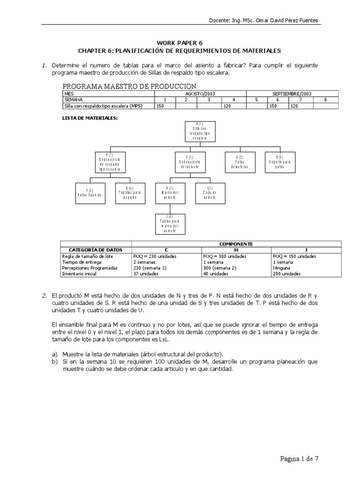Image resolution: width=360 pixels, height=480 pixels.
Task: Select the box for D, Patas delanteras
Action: (240, 162)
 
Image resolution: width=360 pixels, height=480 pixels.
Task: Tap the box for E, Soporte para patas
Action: (280, 162)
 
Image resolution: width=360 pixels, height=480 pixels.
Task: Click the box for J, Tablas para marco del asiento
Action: (171, 223)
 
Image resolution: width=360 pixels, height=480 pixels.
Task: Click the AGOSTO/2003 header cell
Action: (200, 94)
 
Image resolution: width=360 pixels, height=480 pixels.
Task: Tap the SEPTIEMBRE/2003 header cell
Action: (292, 94)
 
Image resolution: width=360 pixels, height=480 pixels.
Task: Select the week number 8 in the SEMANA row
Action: (326, 100)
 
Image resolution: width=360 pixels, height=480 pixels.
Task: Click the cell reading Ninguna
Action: (282, 268)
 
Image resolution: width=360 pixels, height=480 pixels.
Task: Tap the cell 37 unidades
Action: (145, 273)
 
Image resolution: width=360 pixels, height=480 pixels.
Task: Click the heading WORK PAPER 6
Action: (180, 43)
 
